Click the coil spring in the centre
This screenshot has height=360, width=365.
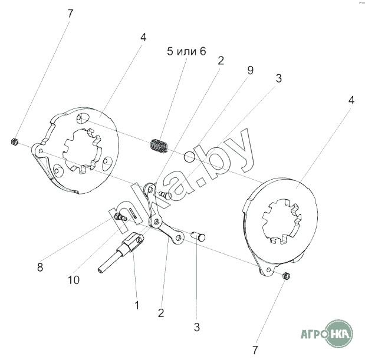(159, 146)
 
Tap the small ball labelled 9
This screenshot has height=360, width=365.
(189, 157)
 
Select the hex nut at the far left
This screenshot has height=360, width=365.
(14, 141)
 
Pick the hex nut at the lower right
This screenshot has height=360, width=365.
(285, 276)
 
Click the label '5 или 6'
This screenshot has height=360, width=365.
(186, 51)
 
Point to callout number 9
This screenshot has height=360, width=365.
(250, 70)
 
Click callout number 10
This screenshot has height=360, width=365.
(74, 280)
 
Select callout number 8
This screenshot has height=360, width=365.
(40, 267)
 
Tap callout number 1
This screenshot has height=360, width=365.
(137, 305)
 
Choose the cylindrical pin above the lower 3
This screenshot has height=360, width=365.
(198, 236)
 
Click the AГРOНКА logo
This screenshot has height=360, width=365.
(327, 333)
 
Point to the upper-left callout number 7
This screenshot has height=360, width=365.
(71, 14)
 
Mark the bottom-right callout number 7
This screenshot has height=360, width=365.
(255, 350)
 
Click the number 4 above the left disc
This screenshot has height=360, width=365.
(143, 37)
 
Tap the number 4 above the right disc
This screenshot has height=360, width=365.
(351, 100)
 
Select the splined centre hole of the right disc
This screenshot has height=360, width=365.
(282, 221)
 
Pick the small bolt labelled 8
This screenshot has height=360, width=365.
(121, 217)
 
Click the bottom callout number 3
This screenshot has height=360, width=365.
(197, 327)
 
